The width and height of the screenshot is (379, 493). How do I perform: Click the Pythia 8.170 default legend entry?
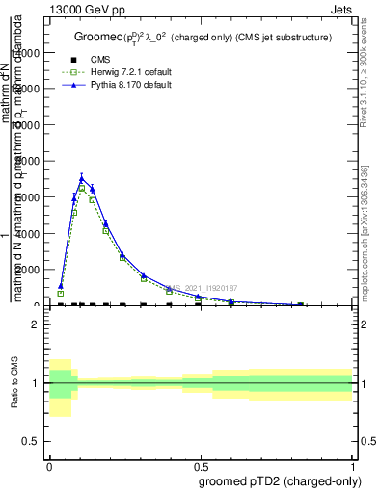(130, 85)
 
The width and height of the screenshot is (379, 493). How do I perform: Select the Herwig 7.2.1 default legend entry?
(131, 72)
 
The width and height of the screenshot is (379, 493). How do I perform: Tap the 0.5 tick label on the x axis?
(200, 464)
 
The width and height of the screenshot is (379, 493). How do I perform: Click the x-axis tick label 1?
(352, 464)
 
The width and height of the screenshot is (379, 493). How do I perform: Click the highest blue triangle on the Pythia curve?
(82, 177)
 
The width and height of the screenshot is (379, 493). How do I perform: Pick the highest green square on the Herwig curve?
(82, 189)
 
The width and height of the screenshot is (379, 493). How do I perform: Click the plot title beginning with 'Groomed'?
(203, 37)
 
